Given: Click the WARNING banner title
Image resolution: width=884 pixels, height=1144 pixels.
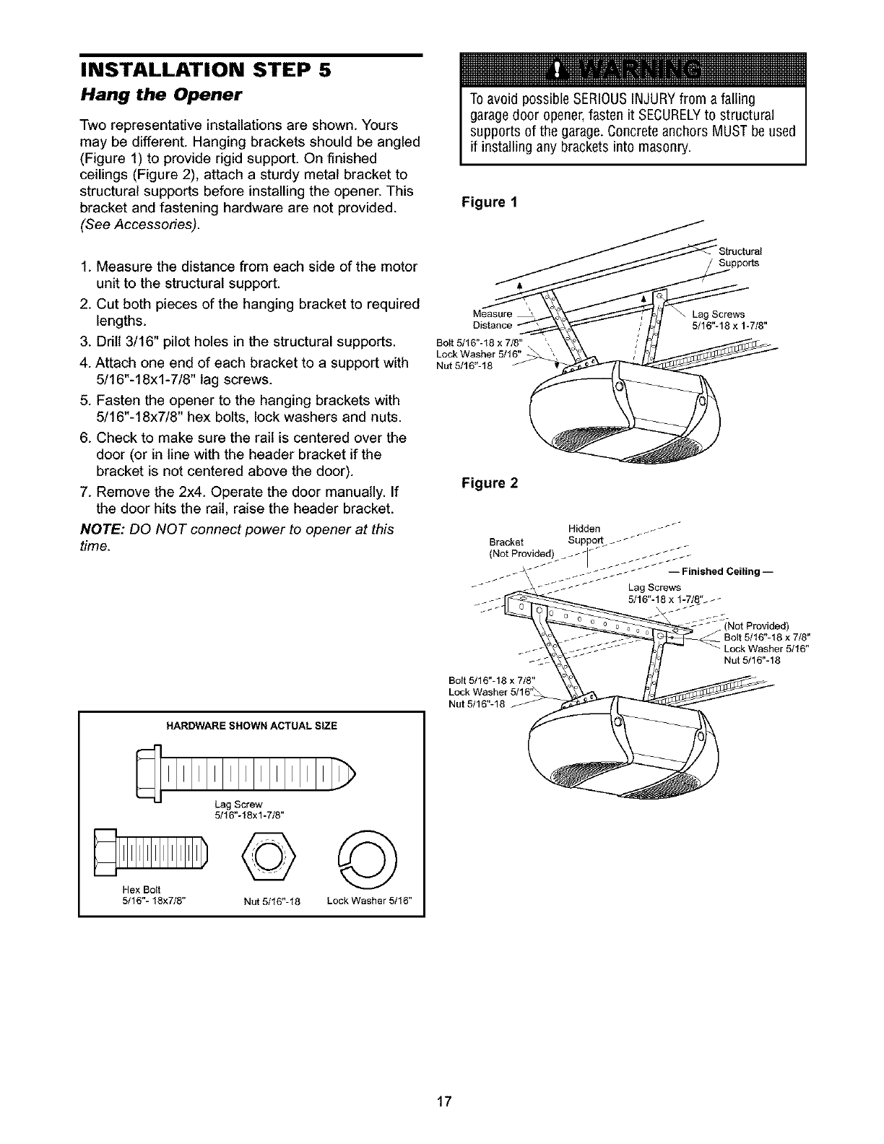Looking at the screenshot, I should pos(628,70).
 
